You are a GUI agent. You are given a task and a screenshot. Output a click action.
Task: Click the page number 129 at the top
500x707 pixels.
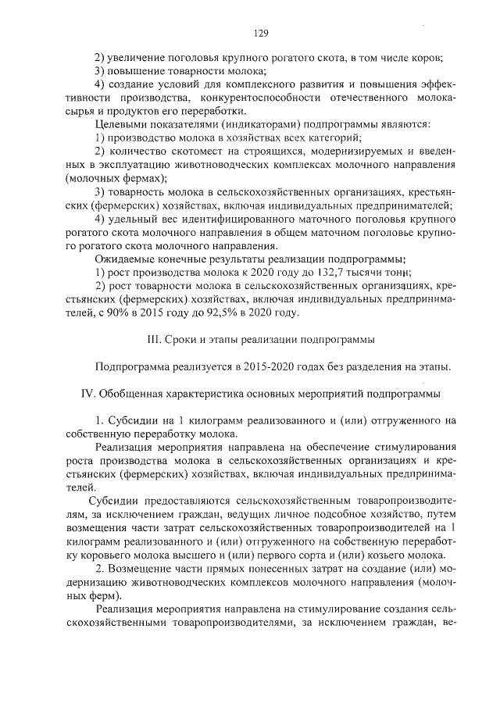pos(262,33)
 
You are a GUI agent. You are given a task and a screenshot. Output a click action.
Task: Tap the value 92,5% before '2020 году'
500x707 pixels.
pos(242,313)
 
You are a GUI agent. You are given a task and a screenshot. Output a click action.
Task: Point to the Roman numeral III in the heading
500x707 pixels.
pos(154,340)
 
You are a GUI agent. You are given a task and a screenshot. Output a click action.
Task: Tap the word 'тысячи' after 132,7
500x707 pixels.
pos(387,271)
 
